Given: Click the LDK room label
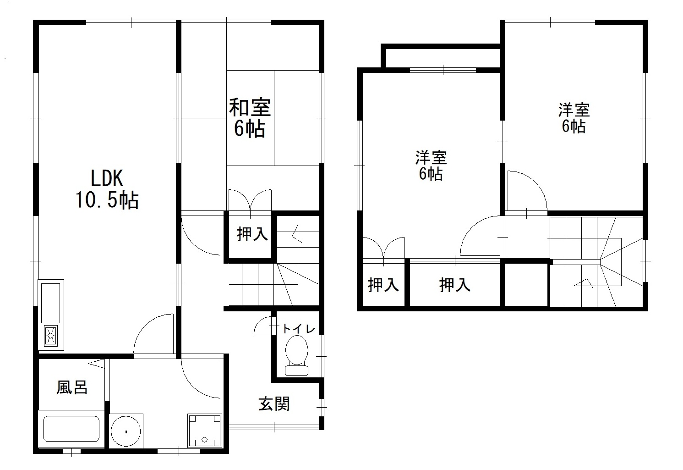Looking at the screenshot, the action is (x=107, y=178).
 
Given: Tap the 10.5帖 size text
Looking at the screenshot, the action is (x=107, y=200).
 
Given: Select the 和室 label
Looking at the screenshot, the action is (x=250, y=107).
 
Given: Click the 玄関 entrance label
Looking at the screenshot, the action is (x=274, y=404).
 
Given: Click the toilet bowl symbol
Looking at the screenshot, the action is (x=297, y=355).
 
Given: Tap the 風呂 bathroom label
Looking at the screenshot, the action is (x=72, y=387).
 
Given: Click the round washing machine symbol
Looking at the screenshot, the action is (x=126, y=431).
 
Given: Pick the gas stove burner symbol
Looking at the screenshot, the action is (x=51, y=336).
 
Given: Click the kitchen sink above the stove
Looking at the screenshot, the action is (x=50, y=303).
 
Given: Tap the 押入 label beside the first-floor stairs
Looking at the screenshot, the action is (x=252, y=234).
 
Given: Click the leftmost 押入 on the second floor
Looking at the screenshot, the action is (x=383, y=285).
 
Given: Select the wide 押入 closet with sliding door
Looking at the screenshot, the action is (x=454, y=285).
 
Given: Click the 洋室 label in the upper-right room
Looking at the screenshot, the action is (x=574, y=110).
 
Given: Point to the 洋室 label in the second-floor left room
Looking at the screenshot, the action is (x=431, y=157).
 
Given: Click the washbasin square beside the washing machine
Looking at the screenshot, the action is (x=205, y=430).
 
